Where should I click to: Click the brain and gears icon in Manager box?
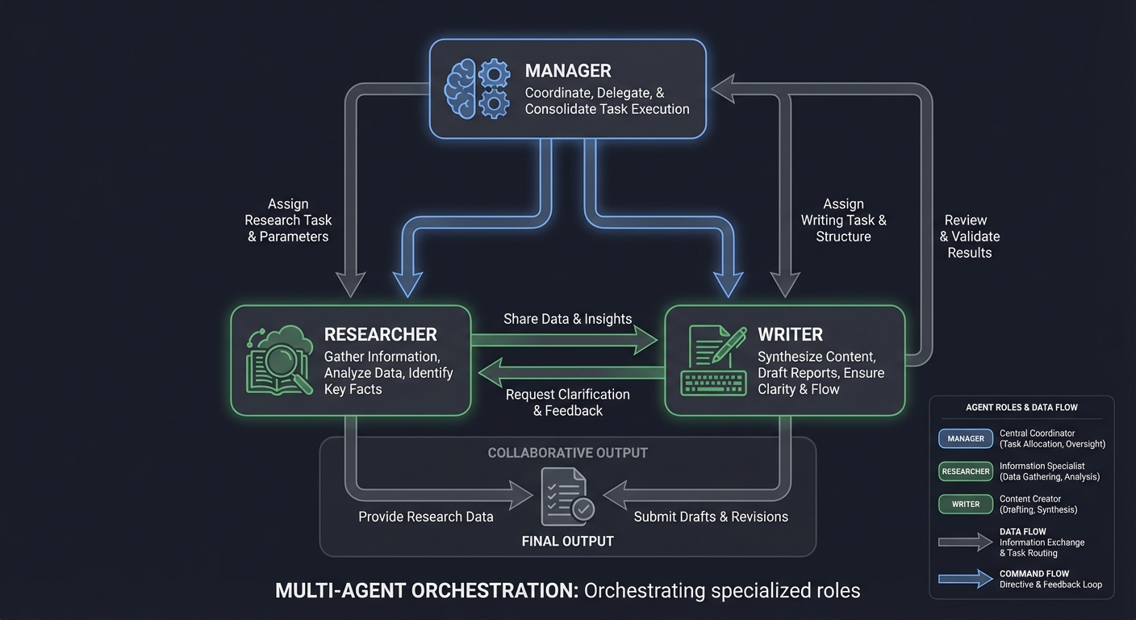pos(478,89)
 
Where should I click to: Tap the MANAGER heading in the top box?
pos(568,71)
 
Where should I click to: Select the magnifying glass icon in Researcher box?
pos(279,361)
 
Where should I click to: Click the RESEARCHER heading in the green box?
pos(380,334)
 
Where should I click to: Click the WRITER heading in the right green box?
pos(790,334)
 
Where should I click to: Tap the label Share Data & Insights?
pos(567,319)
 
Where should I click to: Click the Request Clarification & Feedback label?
pos(567,402)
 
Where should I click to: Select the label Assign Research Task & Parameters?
pos(288,220)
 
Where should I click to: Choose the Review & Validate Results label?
pos(969,236)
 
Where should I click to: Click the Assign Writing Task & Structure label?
pos(843,220)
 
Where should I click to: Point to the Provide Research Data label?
pos(425,517)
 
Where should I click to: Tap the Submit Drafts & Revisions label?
pos(711,517)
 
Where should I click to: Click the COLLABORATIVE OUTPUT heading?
pos(567,453)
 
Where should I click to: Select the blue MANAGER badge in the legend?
pos(965,438)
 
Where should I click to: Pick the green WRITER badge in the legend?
pos(965,504)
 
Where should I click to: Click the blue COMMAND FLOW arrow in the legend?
pos(965,579)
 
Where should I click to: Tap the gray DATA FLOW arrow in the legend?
pos(965,542)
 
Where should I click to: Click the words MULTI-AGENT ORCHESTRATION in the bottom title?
pos(427,590)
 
